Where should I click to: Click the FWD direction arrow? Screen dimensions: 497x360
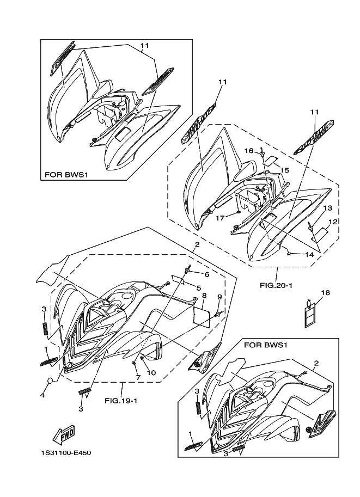(x=64, y=434)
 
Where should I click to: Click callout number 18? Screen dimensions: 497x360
(x=325, y=293)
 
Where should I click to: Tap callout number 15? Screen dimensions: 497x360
(x=284, y=170)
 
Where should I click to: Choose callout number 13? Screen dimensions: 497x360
(x=327, y=208)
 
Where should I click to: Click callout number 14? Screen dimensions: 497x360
(x=309, y=254)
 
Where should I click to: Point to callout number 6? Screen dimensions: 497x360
(x=207, y=274)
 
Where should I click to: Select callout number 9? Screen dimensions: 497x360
(x=220, y=297)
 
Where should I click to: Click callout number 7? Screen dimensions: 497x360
(x=138, y=377)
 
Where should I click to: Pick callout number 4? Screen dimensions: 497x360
(x=42, y=396)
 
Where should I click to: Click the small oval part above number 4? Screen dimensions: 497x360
(x=48, y=380)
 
